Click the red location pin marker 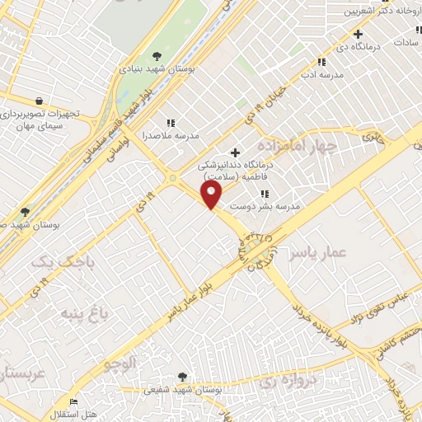212,195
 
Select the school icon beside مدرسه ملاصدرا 170,123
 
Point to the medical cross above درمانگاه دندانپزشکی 236,152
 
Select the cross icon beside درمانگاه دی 358,34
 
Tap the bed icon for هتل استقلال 74,402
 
